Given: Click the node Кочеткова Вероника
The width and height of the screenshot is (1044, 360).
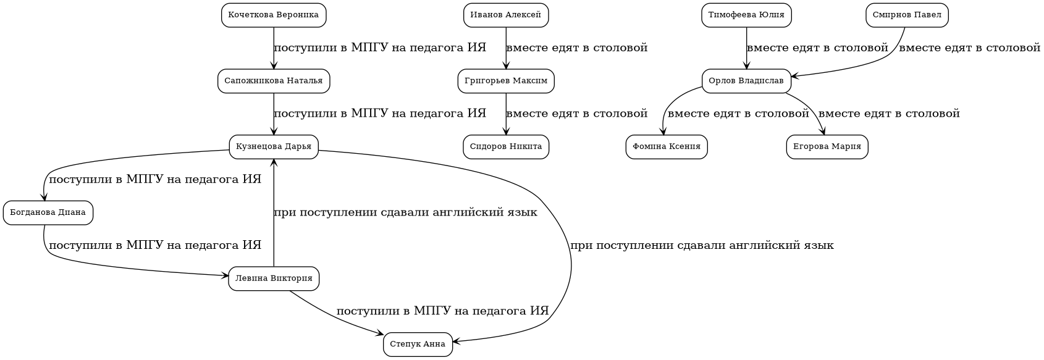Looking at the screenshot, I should [274, 15].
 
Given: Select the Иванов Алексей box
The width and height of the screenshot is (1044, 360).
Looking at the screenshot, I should [506, 15].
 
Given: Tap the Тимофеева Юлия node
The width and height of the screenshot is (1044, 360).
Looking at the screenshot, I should [746, 15].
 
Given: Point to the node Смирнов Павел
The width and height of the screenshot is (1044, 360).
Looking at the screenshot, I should [907, 15].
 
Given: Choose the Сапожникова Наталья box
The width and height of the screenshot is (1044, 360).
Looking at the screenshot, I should [274, 81].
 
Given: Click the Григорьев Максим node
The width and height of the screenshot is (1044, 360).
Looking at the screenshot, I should [506, 81].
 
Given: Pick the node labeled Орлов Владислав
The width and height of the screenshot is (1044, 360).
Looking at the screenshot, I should [746, 81].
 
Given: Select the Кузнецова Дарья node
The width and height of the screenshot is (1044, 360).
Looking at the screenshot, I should [274, 147].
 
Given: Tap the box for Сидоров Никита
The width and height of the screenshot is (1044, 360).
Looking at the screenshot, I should [506, 147].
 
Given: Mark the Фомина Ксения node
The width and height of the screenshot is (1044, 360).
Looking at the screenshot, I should [667, 147].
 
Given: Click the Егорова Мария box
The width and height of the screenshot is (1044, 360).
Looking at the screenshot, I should [827, 147].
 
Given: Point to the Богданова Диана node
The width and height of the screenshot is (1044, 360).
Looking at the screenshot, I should [48, 213].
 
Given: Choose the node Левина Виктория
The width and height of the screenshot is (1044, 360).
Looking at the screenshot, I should [274, 278].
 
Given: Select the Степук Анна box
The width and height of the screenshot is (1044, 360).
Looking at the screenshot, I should [418, 345].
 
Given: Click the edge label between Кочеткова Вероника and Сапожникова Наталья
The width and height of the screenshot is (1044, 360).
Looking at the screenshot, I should [380, 48].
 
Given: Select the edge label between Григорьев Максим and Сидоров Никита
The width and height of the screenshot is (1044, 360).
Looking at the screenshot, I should [576, 114].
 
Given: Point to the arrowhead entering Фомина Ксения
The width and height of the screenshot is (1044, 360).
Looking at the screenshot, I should [663, 130].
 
